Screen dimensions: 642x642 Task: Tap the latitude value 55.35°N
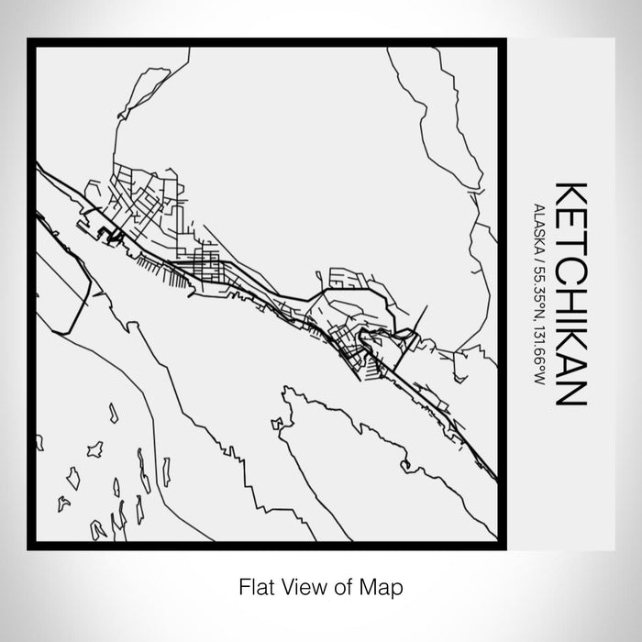point(537,281)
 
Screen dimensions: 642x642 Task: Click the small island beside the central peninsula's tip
point(276,423)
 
